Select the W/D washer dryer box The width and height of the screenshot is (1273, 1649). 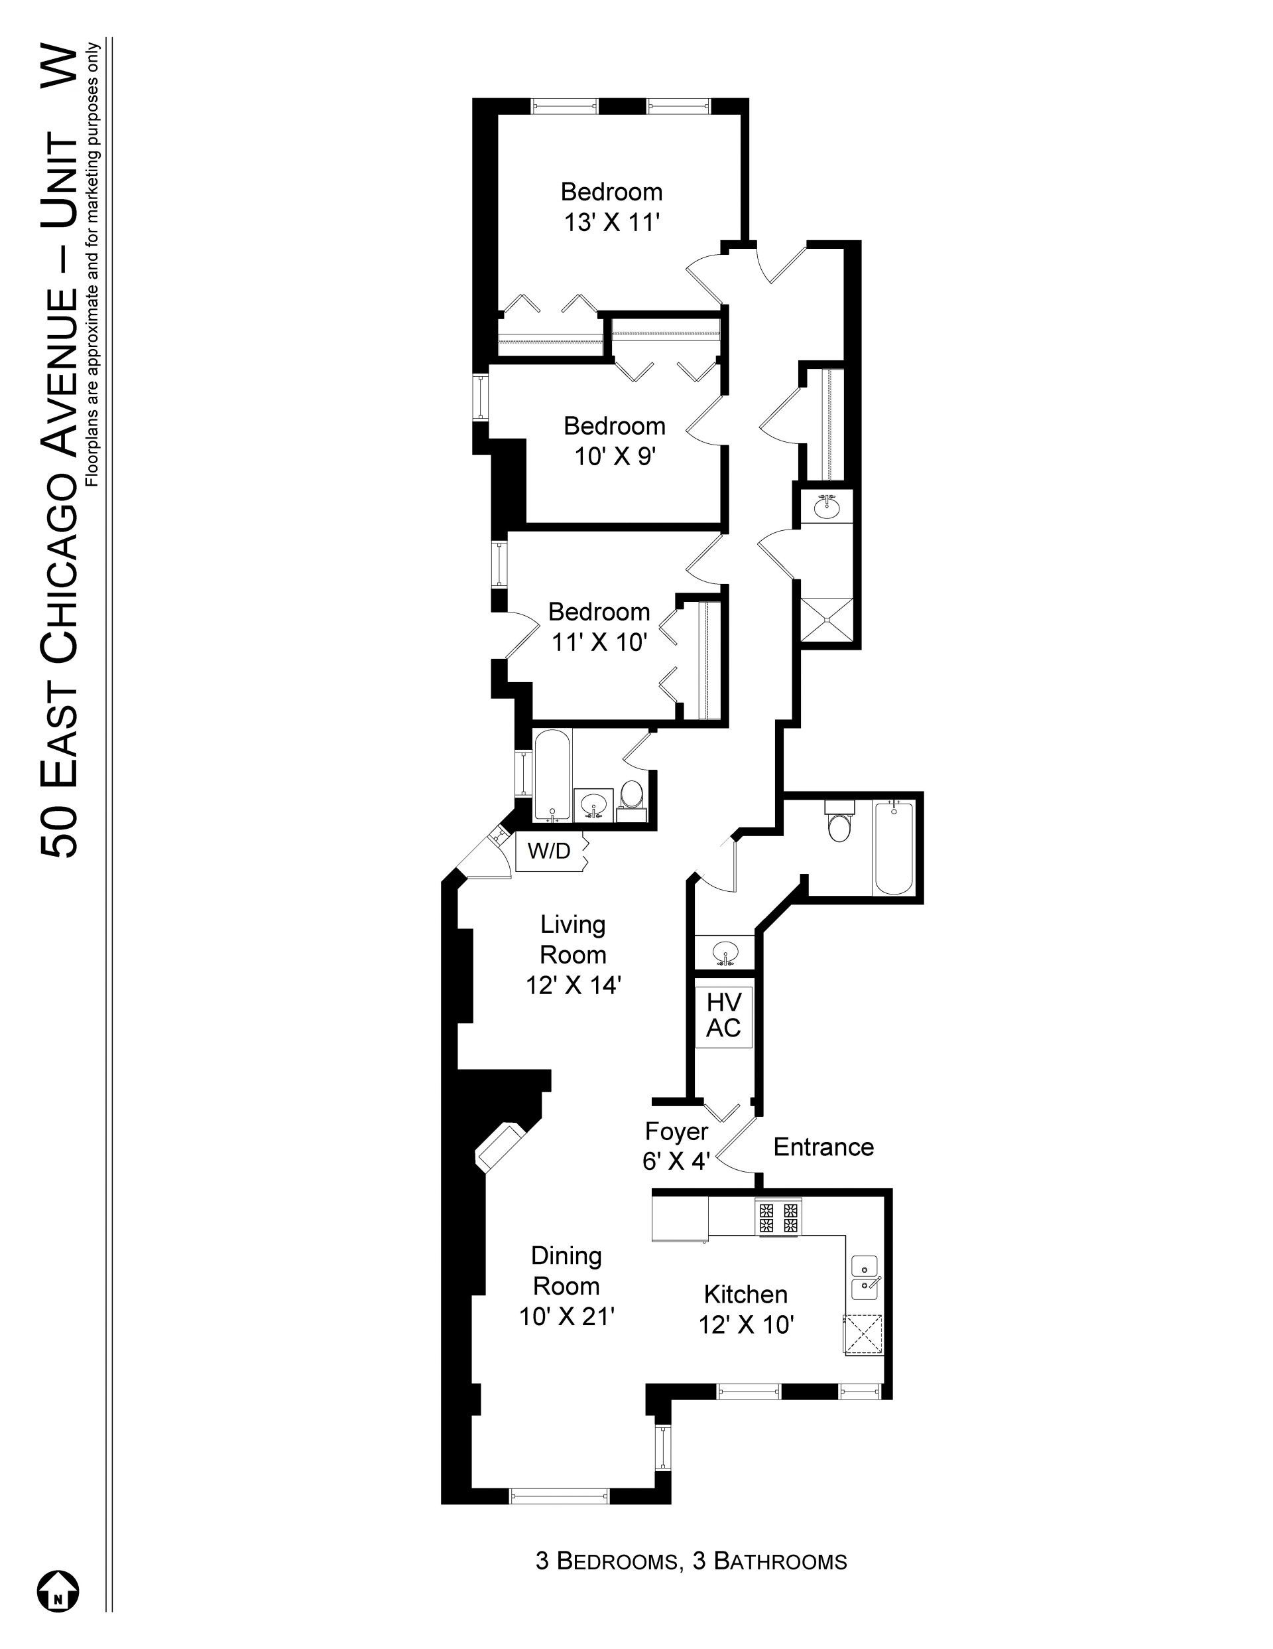(x=550, y=851)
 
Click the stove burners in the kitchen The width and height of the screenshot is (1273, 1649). (x=778, y=1217)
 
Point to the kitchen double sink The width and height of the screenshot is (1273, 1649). (x=865, y=1277)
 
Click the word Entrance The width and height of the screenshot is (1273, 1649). (x=823, y=1147)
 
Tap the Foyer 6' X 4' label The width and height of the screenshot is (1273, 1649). (x=676, y=1146)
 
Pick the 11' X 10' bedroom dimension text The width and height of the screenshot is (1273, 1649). (x=599, y=642)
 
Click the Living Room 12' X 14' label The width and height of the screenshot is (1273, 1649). (x=573, y=954)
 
